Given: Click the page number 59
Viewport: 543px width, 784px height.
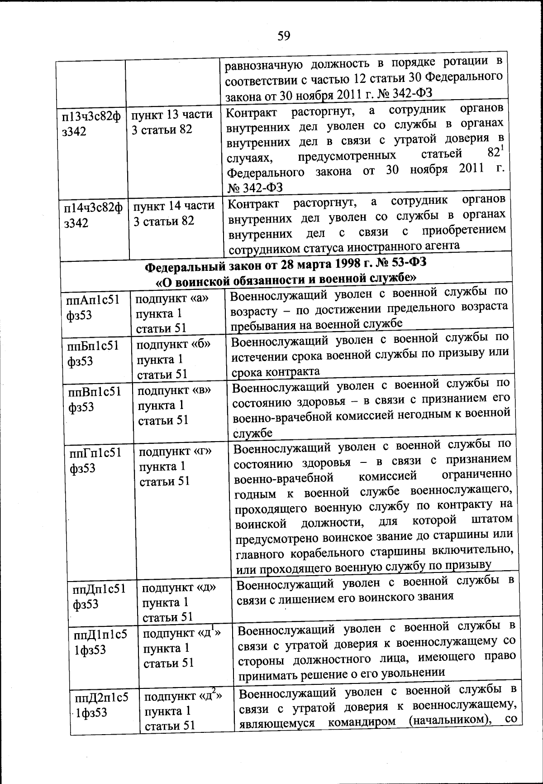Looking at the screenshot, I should click(284, 36).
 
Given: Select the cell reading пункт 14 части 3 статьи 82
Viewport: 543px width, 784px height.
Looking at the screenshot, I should click(173, 213).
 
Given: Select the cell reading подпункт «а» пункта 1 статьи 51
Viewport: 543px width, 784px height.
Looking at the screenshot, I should click(171, 313).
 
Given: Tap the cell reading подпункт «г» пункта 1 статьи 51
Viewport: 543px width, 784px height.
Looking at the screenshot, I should click(175, 466).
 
